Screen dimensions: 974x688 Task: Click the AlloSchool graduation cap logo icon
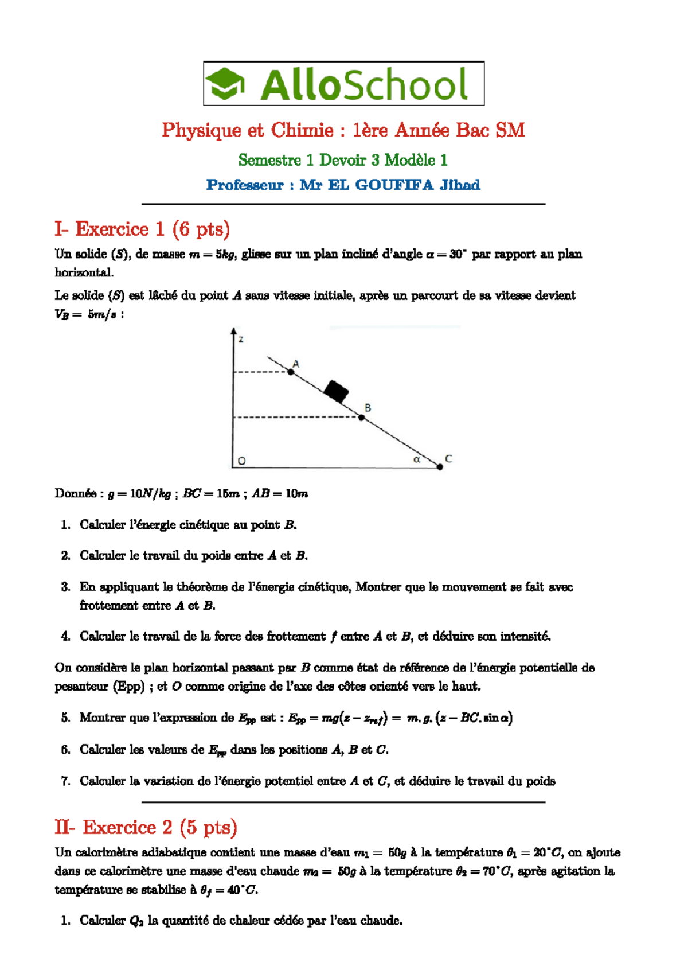point(225,84)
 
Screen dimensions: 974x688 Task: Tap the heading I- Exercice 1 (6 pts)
point(142,229)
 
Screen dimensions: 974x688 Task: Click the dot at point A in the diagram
point(291,372)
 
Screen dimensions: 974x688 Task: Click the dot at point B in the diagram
point(362,418)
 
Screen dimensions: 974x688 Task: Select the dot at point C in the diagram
point(440,467)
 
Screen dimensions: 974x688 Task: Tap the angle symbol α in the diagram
point(417,459)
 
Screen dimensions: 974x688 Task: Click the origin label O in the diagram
point(241,461)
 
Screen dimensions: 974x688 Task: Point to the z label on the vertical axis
point(241,340)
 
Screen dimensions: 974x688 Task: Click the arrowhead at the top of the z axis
point(233,331)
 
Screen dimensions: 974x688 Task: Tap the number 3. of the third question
point(65,587)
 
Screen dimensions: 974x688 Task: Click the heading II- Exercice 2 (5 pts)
point(146,827)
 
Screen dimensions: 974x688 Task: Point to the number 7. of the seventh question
point(65,781)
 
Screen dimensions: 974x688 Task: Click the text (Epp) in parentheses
point(128,687)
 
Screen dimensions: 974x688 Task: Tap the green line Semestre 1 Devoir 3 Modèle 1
point(343,160)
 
